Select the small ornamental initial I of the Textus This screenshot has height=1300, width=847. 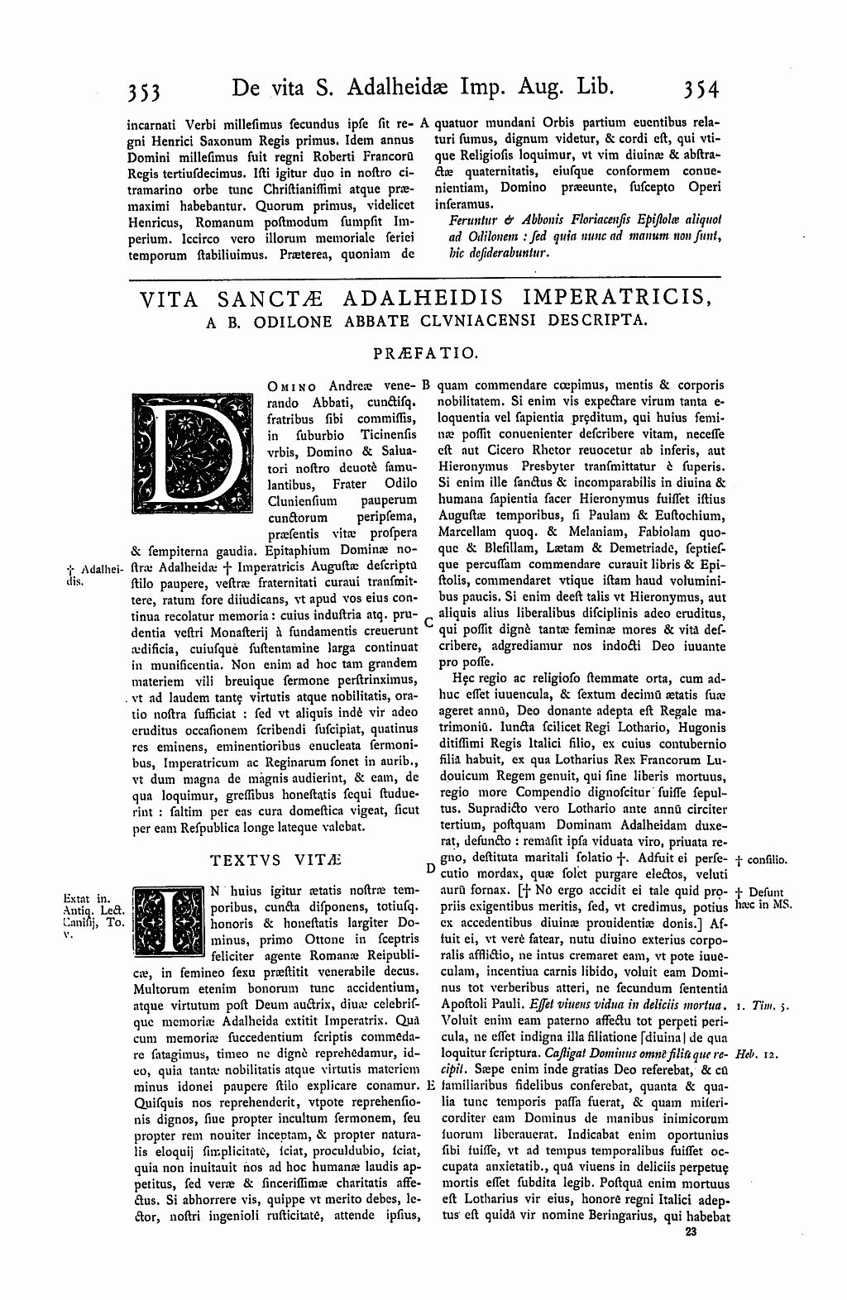click(169, 920)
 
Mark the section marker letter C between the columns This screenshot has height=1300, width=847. click(428, 621)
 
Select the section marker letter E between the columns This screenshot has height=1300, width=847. click(430, 1085)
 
